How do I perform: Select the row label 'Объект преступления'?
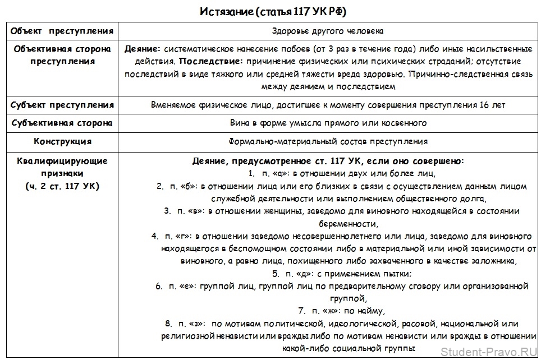[x=62, y=30]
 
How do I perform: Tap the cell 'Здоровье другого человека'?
[x=328, y=31]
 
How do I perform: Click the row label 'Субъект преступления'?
[x=62, y=105]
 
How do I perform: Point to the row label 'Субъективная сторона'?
[x=62, y=123]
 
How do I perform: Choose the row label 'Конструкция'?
[x=62, y=141]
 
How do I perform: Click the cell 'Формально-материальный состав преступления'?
[x=328, y=141]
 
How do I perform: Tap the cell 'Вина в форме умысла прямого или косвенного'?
[x=328, y=123]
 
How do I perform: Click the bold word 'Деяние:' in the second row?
[x=143, y=49]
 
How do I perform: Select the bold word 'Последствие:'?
[x=209, y=61]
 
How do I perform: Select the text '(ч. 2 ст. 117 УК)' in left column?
[x=62, y=186]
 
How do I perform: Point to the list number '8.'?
[x=168, y=324]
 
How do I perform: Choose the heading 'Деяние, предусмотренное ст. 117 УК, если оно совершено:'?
[x=328, y=161]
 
